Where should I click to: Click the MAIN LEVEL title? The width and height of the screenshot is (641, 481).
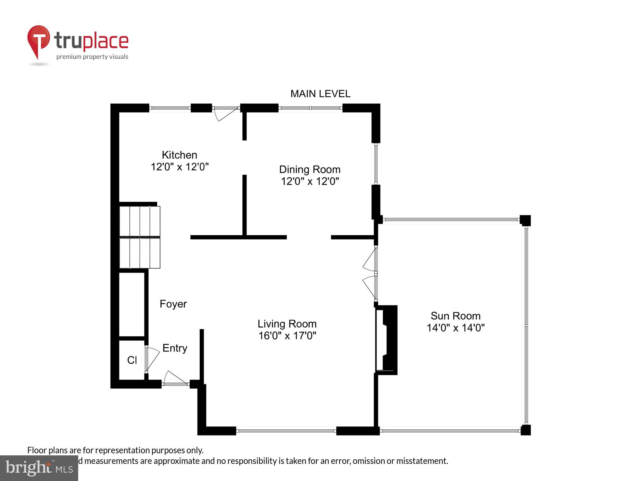(320, 94)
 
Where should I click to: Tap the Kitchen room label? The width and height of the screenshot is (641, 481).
(179, 155)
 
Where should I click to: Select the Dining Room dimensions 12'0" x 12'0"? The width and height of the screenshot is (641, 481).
(310, 181)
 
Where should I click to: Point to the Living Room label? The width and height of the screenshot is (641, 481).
(287, 324)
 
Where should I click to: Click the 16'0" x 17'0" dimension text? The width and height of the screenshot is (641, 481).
(287, 336)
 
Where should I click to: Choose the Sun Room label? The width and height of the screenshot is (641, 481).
(455, 316)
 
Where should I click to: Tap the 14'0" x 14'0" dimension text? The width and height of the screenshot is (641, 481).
(455, 328)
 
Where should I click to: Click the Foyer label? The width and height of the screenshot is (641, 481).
(173, 304)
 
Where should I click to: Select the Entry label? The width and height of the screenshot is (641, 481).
(175, 348)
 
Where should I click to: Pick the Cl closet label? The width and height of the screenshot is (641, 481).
(132, 360)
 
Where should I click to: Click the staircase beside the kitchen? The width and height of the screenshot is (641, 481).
(140, 237)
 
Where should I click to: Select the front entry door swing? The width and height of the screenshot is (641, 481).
(175, 378)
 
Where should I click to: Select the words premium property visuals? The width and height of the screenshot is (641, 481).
(92, 57)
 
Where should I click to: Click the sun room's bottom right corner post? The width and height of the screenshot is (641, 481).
(526, 430)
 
